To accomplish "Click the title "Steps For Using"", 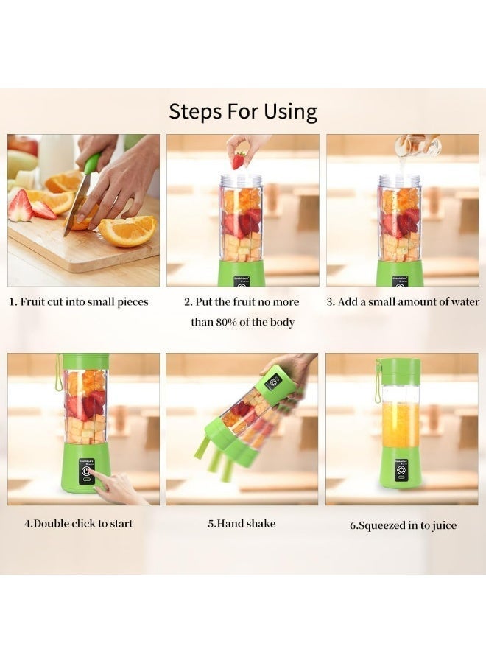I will coord(243,111).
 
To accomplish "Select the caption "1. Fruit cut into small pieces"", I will coord(79,301).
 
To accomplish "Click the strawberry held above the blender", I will coord(239,159).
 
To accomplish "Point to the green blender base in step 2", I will coord(241,273).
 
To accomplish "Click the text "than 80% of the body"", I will coord(243,322).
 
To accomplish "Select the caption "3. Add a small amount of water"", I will coord(403,301).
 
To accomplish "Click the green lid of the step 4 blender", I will coord(85,361).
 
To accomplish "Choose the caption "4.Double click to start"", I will coord(79,524).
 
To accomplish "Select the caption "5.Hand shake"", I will coord(242,524).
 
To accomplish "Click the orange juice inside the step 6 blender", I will coord(401,424).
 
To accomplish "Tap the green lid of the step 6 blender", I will coord(401,371).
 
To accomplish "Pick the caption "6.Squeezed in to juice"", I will coord(403,525).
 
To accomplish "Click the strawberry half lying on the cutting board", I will coord(20,206).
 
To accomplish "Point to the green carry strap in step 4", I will coord(58,372).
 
